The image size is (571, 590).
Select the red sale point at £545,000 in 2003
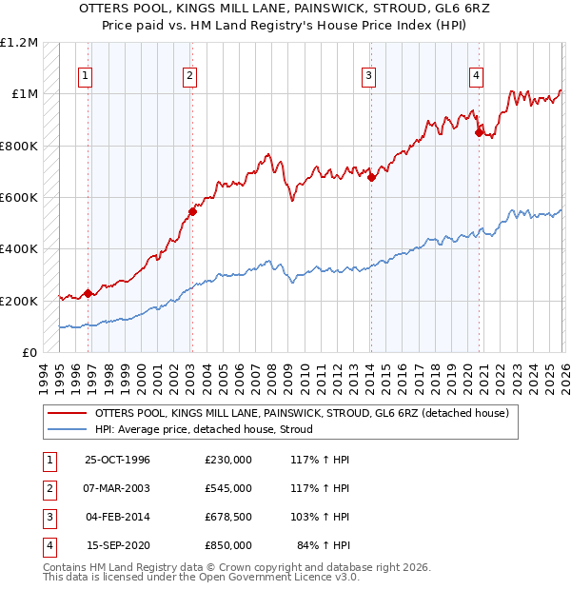(x=192, y=212)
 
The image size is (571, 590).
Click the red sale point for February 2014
(x=371, y=177)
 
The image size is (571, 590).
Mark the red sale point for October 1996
(x=89, y=293)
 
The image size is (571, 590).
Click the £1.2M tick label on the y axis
(x=19, y=43)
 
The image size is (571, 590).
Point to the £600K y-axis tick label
(x=19, y=198)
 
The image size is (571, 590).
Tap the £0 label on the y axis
(x=29, y=353)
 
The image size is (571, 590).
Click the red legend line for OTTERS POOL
(x=66, y=414)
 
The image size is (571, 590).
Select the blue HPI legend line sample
(x=66, y=429)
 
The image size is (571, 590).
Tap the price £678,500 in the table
(x=228, y=517)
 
